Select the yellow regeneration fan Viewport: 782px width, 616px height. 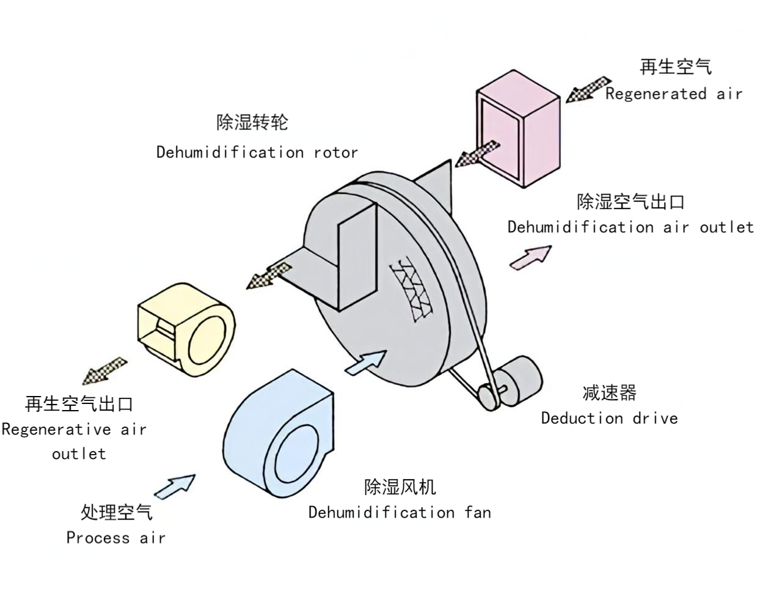click(186, 330)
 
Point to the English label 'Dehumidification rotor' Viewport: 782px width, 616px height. click(257, 152)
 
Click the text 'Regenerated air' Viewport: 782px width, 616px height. click(673, 94)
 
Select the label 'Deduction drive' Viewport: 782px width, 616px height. click(609, 419)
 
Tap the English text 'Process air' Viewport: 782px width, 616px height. click(115, 538)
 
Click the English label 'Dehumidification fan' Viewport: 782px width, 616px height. click(399, 512)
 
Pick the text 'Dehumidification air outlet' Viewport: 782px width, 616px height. click(630, 227)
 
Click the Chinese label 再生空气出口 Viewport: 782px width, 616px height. click(79, 404)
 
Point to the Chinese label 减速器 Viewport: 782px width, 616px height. click(609, 392)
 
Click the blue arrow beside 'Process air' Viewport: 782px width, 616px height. click(175, 486)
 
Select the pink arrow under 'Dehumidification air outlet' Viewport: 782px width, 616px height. click(530, 257)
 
